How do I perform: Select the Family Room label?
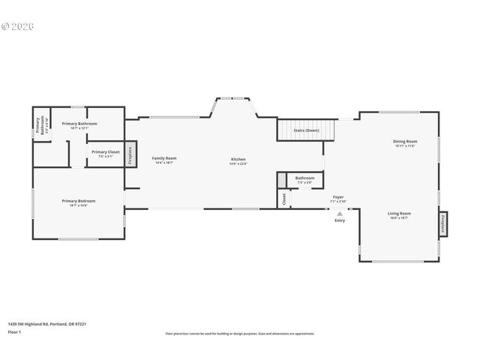pyautogui.click(x=164, y=159)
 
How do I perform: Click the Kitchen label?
pyautogui.click(x=238, y=160)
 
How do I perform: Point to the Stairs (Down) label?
pyautogui.click(x=306, y=130)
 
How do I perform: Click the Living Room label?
pyautogui.click(x=398, y=215)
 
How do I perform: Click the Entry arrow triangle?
pyautogui.click(x=340, y=213)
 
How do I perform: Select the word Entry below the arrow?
pyautogui.click(x=340, y=220)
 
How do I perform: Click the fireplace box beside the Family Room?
pyautogui.click(x=130, y=155)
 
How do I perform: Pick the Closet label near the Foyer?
pyautogui.click(x=284, y=199)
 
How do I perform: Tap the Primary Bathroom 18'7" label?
pyautogui.click(x=79, y=124)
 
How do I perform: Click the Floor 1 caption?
pyautogui.click(x=14, y=331)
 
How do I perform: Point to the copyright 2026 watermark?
pyautogui.click(x=18, y=26)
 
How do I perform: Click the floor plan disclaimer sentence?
pyautogui.click(x=240, y=334)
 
